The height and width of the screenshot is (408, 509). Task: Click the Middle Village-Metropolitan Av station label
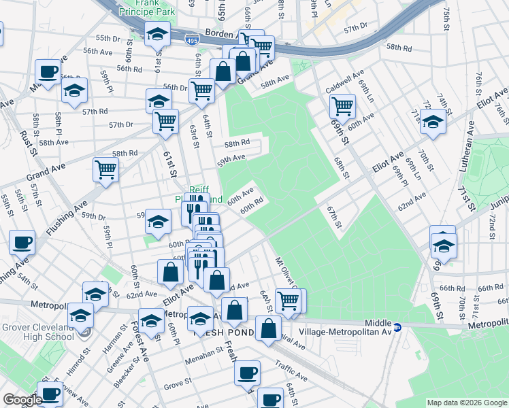(x=368, y=327)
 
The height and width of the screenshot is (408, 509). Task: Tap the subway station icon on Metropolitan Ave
(x=399, y=327)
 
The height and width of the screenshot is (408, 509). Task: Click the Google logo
(x=22, y=399)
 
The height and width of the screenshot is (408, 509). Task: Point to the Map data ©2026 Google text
(x=467, y=402)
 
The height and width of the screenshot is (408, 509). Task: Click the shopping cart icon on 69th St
(x=342, y=105)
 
